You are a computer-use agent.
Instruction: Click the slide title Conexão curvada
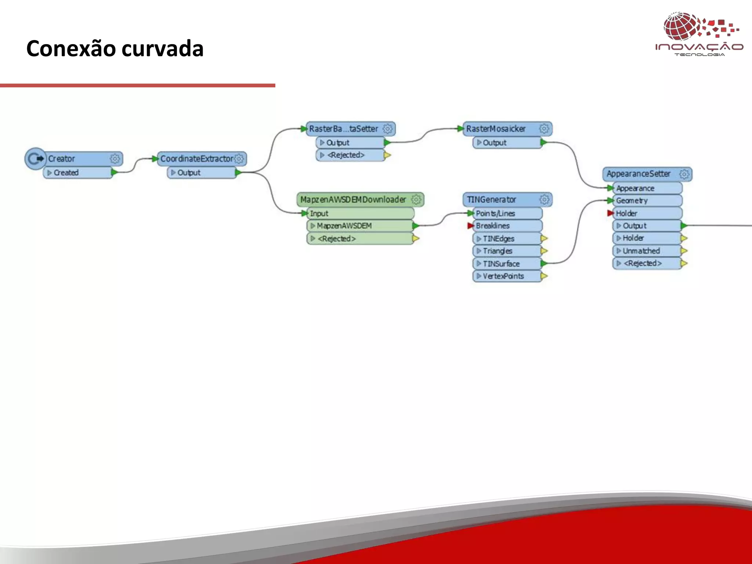click(115, 48)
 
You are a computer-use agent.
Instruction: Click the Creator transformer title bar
click(77, 159)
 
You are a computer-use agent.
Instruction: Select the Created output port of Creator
click(78, 173)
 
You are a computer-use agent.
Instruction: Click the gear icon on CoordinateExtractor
click(239, 159)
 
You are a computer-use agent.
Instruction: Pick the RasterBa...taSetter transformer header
click(344, 129)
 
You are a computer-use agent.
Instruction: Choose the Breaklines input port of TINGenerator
click(507, 226)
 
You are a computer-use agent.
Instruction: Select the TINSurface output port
click(507, 264)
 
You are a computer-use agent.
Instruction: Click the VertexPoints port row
click(507, 276)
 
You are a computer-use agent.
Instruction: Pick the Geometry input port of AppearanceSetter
click(646, 200)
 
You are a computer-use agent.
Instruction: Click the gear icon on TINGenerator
click(545, 199)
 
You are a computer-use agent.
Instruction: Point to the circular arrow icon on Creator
click(36, 159)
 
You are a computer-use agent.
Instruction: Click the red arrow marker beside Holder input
click(610, 213)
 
